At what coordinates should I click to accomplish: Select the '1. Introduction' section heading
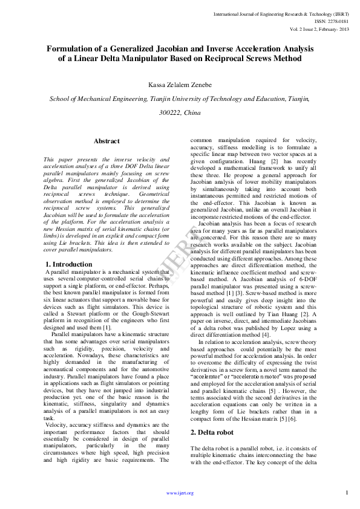point(70,265)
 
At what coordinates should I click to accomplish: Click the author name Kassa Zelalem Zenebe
point(179,85)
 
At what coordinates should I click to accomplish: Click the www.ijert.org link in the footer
point(180,493)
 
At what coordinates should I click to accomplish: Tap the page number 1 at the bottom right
point(347,493)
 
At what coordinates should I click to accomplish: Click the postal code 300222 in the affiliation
point(169,112)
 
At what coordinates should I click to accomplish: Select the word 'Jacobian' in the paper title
point(169,48)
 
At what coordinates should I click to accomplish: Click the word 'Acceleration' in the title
point(253,48)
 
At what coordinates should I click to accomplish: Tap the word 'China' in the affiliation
point(192,112)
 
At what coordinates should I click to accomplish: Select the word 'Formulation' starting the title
point(70,48)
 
